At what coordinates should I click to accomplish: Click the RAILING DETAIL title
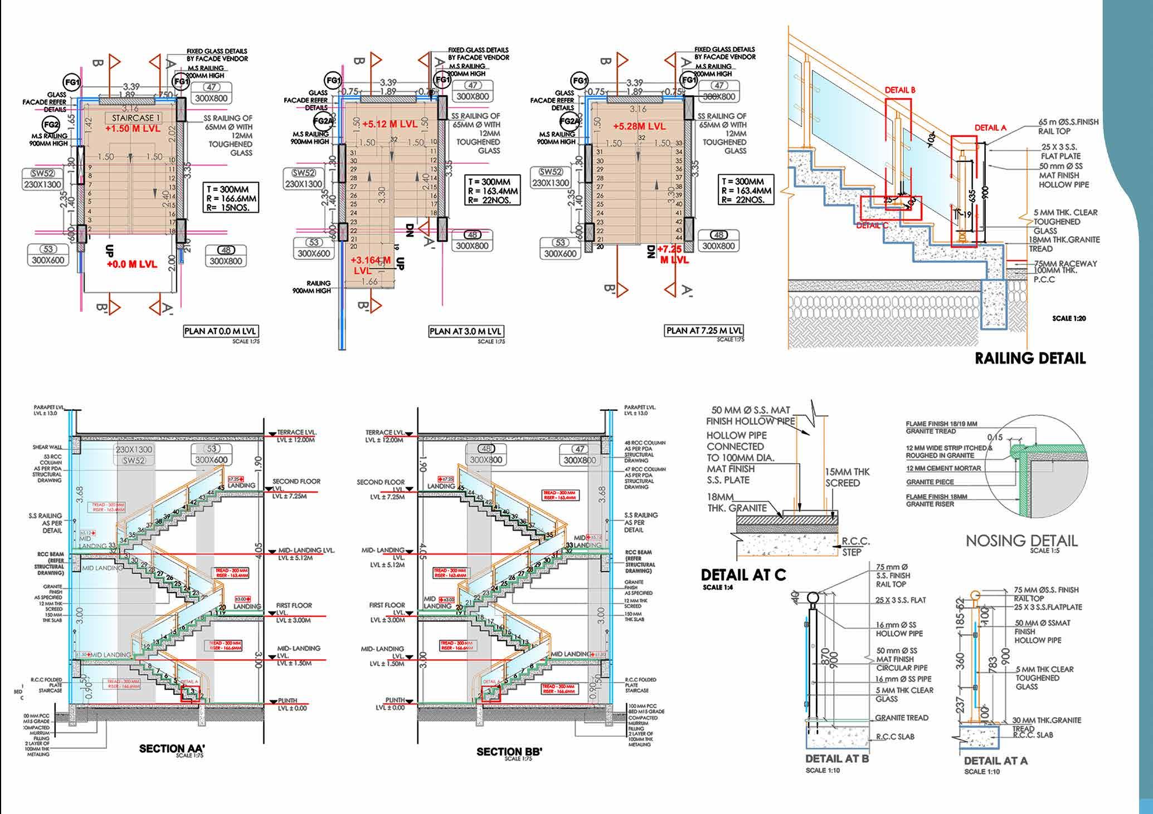[1030, 358]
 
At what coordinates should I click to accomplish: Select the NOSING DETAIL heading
[1021, 541]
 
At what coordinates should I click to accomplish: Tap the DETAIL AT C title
[743, 575]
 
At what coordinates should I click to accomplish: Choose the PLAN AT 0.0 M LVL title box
[221, 331]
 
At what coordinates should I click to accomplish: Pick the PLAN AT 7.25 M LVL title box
[704, 330]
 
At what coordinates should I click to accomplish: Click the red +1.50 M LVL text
[133, 129]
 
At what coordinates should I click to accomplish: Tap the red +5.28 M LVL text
[639, 126]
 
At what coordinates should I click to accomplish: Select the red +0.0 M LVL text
[132, 264]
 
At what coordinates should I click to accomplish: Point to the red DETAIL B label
[900, 90]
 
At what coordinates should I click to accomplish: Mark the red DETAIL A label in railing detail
[990, 128]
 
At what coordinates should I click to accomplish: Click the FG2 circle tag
[51, 124]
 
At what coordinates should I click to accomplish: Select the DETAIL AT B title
[836, 758]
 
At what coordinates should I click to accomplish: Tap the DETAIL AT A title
[996, 761]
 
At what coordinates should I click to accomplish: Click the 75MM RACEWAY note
[1066, 263]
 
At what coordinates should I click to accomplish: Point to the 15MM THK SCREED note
[847, 477]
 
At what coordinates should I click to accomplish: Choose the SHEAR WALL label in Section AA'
[47, 447]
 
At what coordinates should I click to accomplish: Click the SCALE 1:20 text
[1069, 318]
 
